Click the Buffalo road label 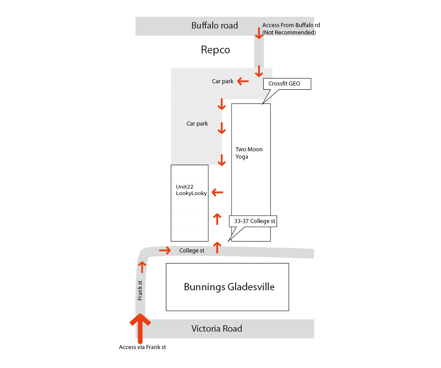point(215,25)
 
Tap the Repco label point(215,50)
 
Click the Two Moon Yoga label point(249,153)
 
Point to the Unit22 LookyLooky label point(191,190)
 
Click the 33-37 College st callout point(254,221)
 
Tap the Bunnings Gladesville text point(229,287)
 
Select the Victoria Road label point(216,328)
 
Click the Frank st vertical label point(140,291)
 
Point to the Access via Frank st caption point(142,347)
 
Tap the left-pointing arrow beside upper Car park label point(243,81)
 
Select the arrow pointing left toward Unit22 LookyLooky point(217,193)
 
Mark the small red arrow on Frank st point(142,267)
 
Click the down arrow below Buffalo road point(259,33)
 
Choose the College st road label point(192,251)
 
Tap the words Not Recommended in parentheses point(289,33)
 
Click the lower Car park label point(197,124)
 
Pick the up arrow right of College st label point(217,247)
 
